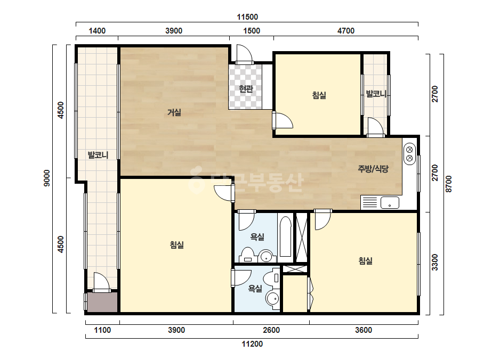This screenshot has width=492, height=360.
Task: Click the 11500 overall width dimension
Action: pos(247,17)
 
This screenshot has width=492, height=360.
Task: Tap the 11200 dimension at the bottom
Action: pos(252,344)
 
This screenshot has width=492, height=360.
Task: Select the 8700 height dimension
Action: pos(449,184)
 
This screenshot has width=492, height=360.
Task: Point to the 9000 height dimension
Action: pos(47,178)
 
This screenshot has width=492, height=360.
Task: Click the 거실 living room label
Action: pos(174,112)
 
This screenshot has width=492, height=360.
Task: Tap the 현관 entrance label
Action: pos(246,89)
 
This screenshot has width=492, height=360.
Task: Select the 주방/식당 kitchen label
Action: pos(373,169)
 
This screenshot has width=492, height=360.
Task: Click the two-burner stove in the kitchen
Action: pos(409,154)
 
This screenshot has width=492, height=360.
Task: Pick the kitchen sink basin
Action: pos(390,202)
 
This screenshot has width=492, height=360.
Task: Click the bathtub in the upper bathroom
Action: pos(286,237)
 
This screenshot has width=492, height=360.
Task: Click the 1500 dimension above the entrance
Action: pos(252,31)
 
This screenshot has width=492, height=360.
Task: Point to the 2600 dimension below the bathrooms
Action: pos(271,330)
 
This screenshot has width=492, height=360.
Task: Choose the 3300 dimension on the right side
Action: pos(434,262)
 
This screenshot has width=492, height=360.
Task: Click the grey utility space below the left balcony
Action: pos(102,302)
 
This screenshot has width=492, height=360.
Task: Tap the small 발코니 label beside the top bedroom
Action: pos(376,93)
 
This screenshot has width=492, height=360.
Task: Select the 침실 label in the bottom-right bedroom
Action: pos(366,260)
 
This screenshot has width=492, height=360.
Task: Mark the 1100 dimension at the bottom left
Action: pos(102,330)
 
